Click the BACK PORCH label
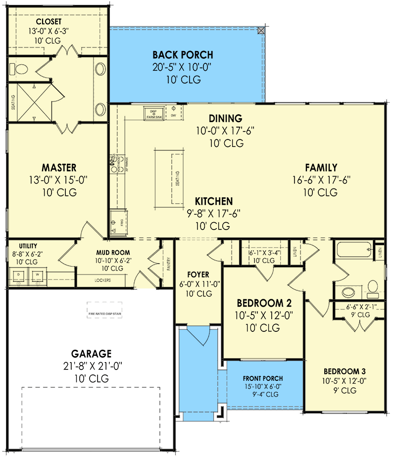click(x=183, y=54)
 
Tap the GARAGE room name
click(x=91, y=354)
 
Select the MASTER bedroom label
click(x=59, y=168)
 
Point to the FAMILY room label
click(x=321, y=168)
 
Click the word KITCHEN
click(x=213, y=201)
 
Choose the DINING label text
click(x=225, y=118)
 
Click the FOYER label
click(x=198, y=274)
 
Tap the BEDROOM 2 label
click(x=264, y=303)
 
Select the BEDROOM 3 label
click(x=344, y=371)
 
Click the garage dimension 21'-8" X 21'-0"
click(x=91, y=366)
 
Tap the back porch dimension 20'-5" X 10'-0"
click(x=183, y=67)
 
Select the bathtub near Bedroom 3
click(x=353, y=250)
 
